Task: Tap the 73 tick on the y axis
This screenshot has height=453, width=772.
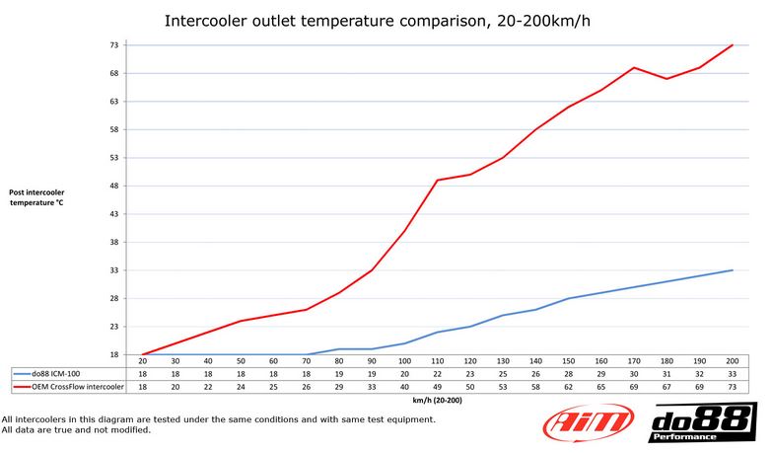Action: click(x=113, y=45)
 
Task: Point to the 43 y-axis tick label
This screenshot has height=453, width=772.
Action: click(x=113, y=214)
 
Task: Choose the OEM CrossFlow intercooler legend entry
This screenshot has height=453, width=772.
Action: click(x=70, y=387)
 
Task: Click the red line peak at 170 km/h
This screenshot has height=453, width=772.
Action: click(x=634, y=68)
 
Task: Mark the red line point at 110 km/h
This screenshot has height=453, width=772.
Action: click(x=437, y=181)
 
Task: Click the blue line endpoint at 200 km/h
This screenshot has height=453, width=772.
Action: click(x=732, y=270)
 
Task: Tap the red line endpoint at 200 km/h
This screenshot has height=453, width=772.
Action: click(x=732, y=45)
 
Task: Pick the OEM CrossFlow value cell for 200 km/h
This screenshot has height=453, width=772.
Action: click(x=732, y=387)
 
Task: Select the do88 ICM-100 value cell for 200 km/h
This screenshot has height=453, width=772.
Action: click(x=732, y=375)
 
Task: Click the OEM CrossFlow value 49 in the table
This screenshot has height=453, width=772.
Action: click(x=437, y=387)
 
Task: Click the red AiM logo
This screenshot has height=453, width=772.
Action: click(x=590, y=422)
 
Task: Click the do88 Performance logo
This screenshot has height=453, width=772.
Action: click(x=702, y=422)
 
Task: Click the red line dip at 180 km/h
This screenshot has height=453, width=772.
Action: click(x=667, y=79)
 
